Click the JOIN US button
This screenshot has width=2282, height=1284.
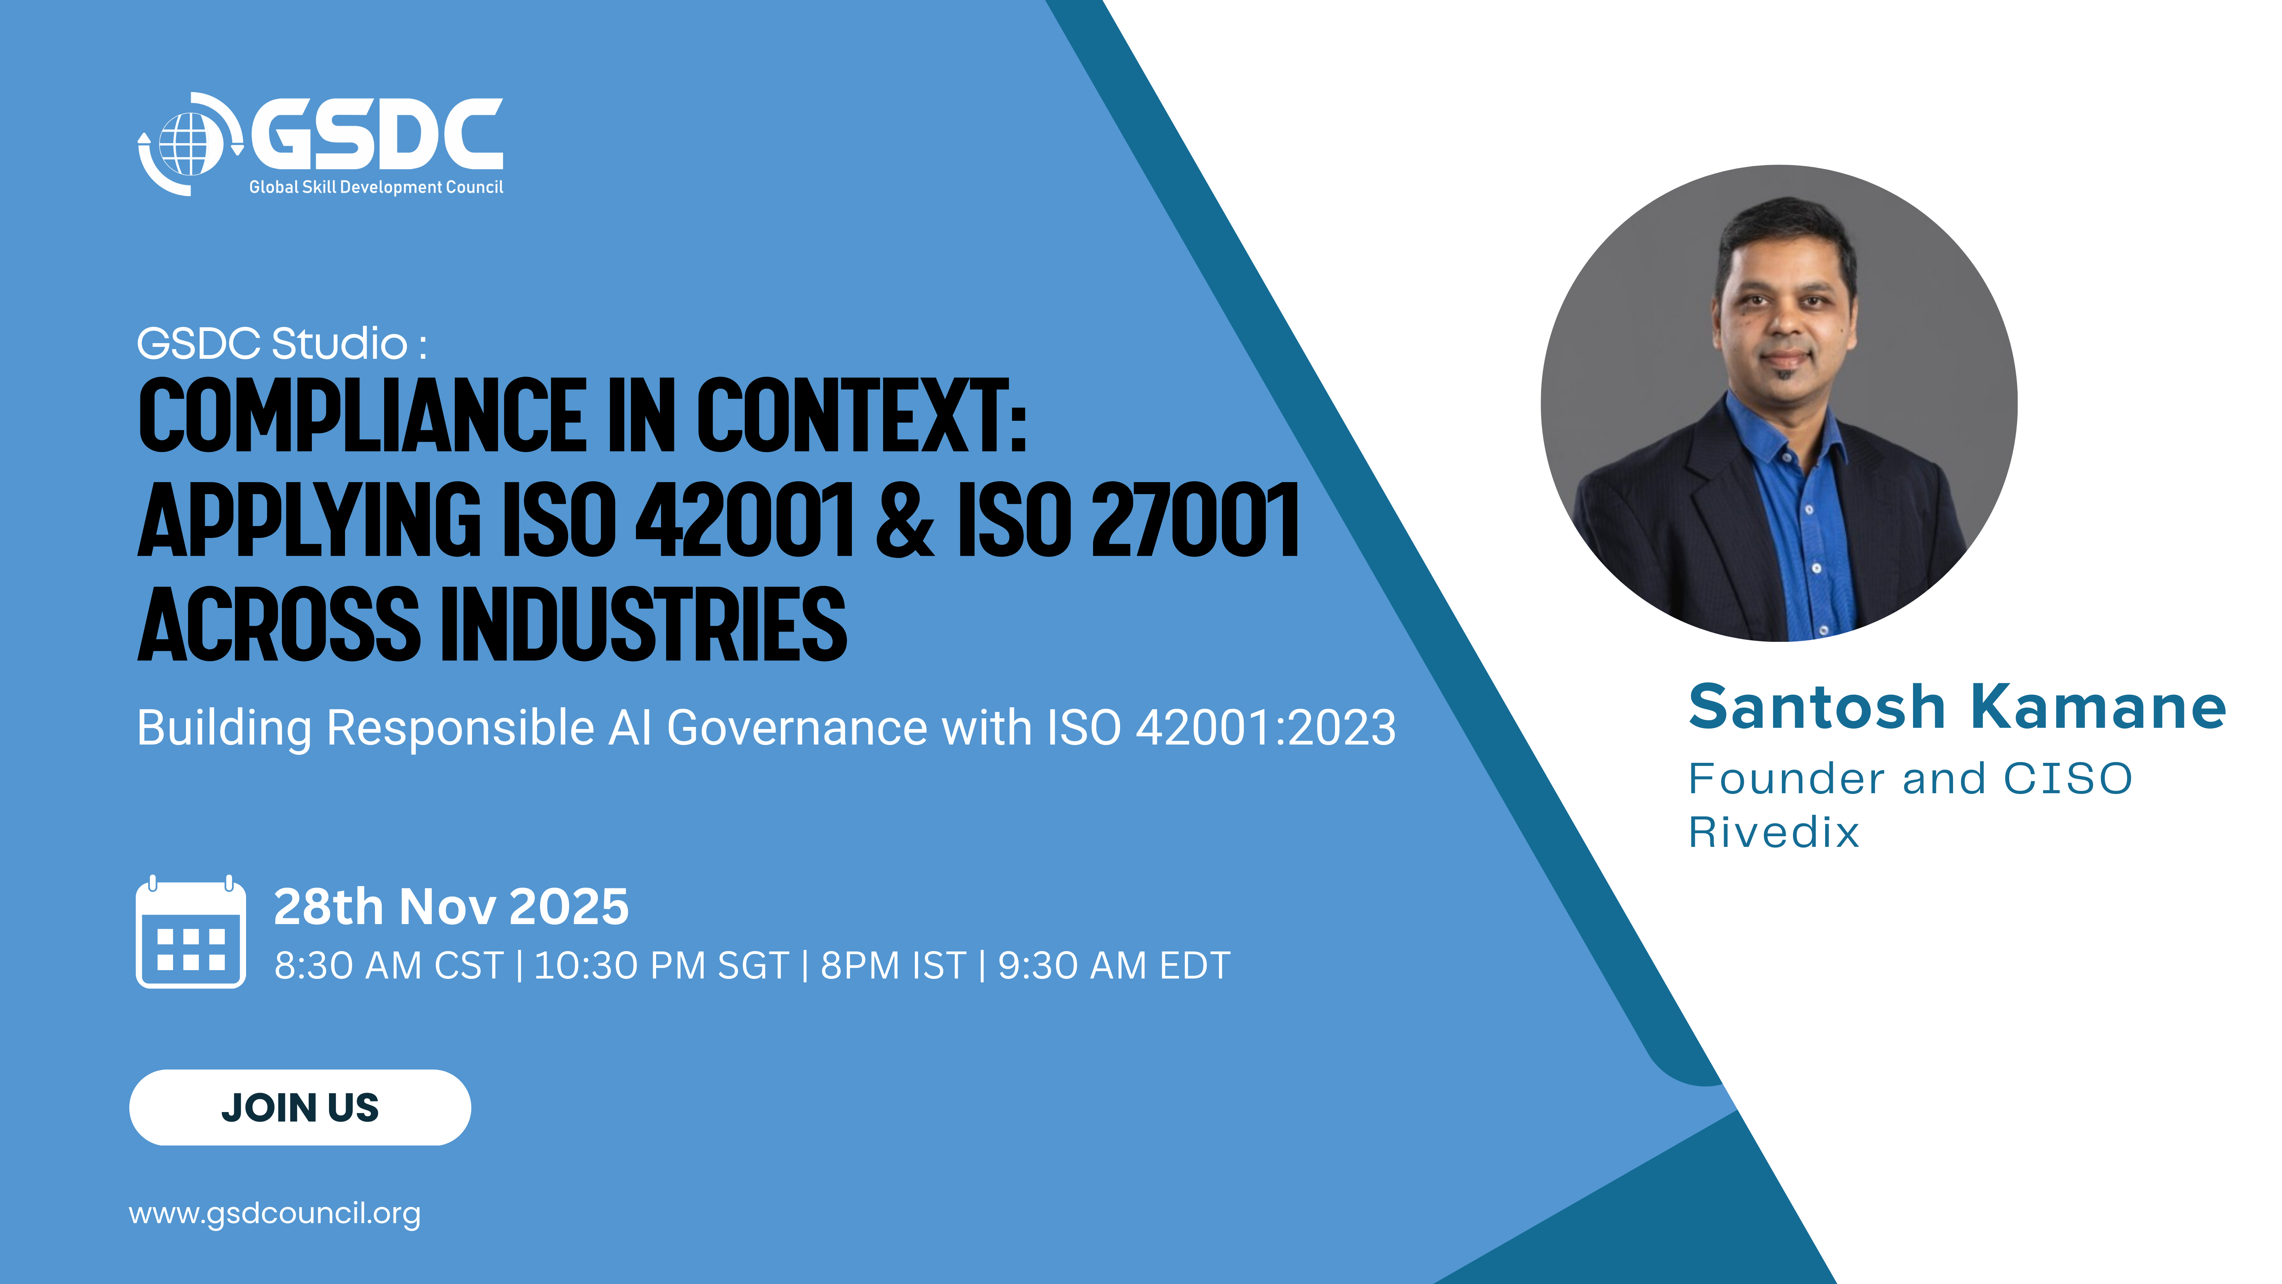pos(300,1107)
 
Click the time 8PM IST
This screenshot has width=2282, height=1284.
pos(893,966)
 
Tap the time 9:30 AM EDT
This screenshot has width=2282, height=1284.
pos(1114,966)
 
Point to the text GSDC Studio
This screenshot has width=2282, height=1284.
pos(272,344)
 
